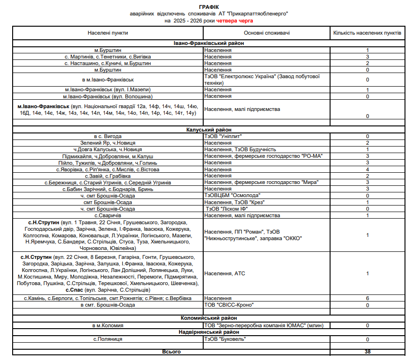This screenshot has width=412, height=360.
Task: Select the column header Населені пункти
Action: (x=108, y=33)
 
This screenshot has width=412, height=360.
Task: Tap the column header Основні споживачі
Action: (x=266, y=33)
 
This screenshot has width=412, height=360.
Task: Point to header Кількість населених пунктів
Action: (x=367, y=33)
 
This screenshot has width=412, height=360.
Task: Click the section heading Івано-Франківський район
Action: (x=208, y=44)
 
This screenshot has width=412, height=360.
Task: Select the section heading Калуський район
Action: (x=208, y=130)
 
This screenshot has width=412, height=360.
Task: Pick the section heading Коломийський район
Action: (x=208, y=318)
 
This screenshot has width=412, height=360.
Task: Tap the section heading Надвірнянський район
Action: (x=208, y=332)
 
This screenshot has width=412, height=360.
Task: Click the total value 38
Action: (x=368, y=352)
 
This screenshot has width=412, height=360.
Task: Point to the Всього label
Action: (x=171, y=352)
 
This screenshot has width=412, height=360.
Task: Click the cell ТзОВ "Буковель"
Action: (x=225, y=339)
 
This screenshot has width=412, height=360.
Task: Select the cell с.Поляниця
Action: (x=108, y=339)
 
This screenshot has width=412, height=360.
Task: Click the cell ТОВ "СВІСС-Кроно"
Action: (x=229, y=305)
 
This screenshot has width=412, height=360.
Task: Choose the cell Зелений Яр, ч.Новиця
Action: (x=108, y=143)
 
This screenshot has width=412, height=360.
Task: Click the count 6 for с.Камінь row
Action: (x=368, y=298)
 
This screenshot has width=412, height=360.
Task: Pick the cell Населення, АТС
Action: (x=225, y=273)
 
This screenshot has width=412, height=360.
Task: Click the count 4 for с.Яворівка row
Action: (x=368, y=169)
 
